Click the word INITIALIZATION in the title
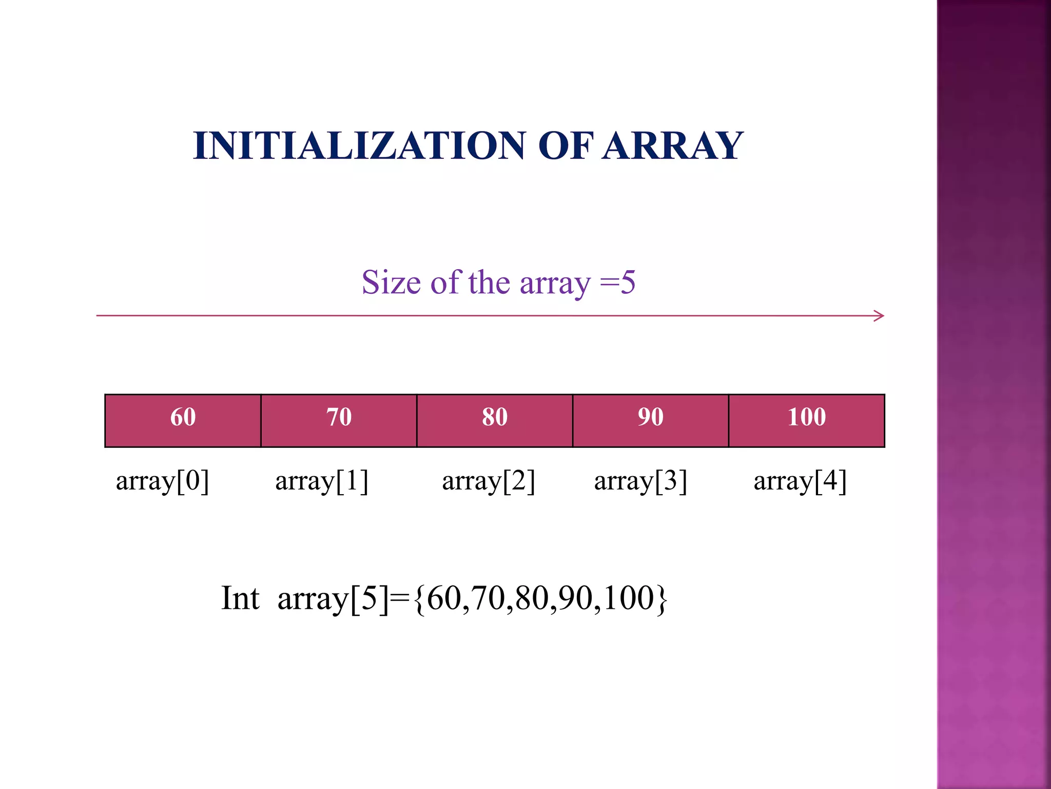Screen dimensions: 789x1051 pyautogui.click(x=359, y=146)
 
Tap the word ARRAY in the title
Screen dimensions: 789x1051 pyautogui.click(x=672, y=146)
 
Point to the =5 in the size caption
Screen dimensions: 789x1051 pyautogui.click(x=618, y=282)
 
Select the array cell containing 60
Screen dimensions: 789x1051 pyautogui.click(x=183, y=421)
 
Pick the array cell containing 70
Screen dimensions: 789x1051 pyautogui.click(x=339, y=421)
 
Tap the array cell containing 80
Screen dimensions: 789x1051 pyautogui.click(x=495, y=421)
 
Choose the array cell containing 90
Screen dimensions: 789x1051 pyautogui.click(x=651, y=421)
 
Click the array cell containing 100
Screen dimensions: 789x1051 pyautogui.click(x=807, y=421)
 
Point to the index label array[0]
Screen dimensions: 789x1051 pyautogui.click(x=162, y=481)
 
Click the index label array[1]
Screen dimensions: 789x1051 pyautogui.click(x=322, y=481)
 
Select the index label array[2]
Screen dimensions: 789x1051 pyautogui.click(x=489, y=481)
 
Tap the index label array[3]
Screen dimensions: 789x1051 pyautogui.click(x=640, y=481)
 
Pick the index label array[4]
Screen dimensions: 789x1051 pyautogui.click(x=800, y=481)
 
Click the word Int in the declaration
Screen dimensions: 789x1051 pyautogui.click(x=240, y=598)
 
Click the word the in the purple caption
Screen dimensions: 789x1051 pyautogui.click(x=489, y=282)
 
